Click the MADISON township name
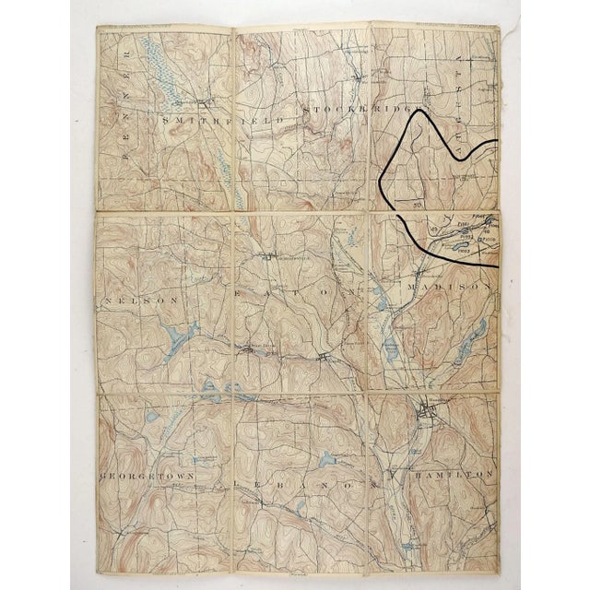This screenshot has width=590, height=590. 452,287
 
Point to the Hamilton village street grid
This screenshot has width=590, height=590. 427,413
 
